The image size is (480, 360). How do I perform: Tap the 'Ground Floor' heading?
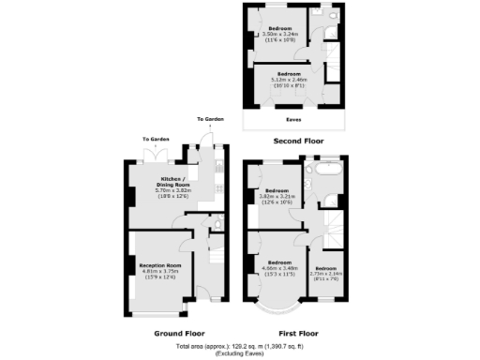coord(179,333)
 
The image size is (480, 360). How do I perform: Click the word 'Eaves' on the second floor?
coord(292,120)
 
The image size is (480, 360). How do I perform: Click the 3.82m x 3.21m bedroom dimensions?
coord(276,198)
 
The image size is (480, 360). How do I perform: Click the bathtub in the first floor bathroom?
coord(328,171)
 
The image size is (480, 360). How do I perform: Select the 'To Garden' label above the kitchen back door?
coord(209,120)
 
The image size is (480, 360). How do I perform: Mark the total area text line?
coord(240,347)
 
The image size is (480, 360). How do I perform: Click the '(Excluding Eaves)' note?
coord(240,354)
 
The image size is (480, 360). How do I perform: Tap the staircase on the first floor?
coord(330,225)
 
